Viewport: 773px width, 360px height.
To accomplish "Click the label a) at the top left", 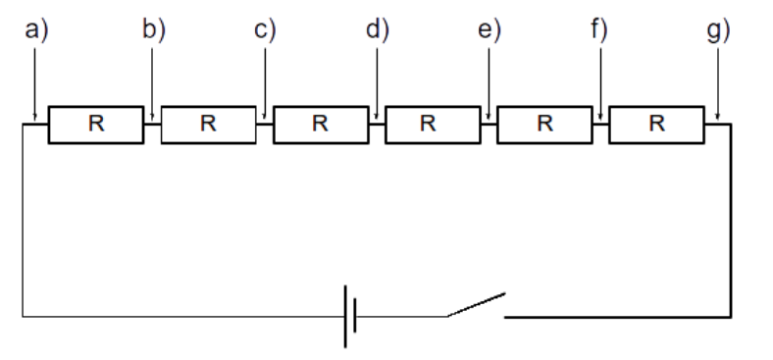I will click(35, 30).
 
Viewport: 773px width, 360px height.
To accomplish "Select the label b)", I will click(153, 30).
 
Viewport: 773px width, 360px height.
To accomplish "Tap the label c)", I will click(265, 30).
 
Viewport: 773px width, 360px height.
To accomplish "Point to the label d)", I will click(378, 30).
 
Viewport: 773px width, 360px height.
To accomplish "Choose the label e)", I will click(489, 30).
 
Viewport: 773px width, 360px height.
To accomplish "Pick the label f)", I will click(600, 30).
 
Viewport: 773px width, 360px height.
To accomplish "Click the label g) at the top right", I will click(719, 30).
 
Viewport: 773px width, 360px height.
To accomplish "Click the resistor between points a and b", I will click(95, 124).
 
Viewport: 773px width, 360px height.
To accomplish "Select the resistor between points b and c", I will click(207, 124).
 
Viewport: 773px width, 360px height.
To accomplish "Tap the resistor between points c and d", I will click(320, 124).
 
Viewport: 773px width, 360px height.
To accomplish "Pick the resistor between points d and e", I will click(432, 124).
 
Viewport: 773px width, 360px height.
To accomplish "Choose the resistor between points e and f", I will click(544, 124).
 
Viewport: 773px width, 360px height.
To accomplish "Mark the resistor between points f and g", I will click(656, 124).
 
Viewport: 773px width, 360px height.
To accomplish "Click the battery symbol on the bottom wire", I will click(349, 317).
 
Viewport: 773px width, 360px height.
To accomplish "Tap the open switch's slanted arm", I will click(477, 304).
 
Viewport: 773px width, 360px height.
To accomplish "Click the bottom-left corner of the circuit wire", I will click(23, 317).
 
